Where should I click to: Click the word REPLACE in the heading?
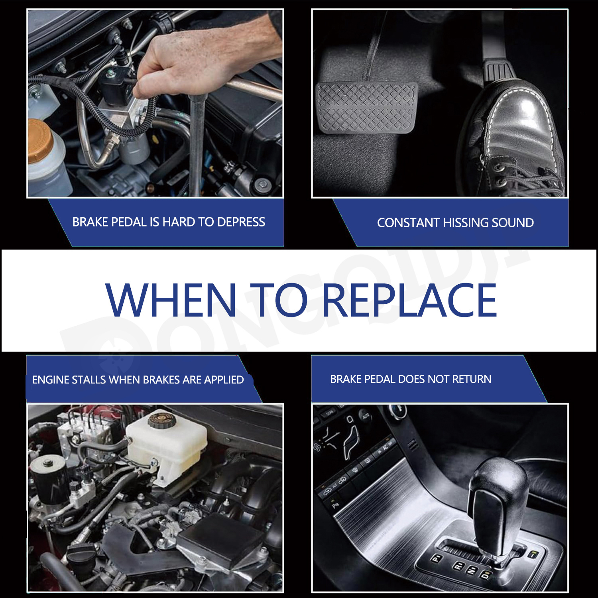409,300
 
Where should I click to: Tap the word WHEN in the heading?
171,300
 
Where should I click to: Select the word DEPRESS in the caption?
241,222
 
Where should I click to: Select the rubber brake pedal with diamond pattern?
366,108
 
